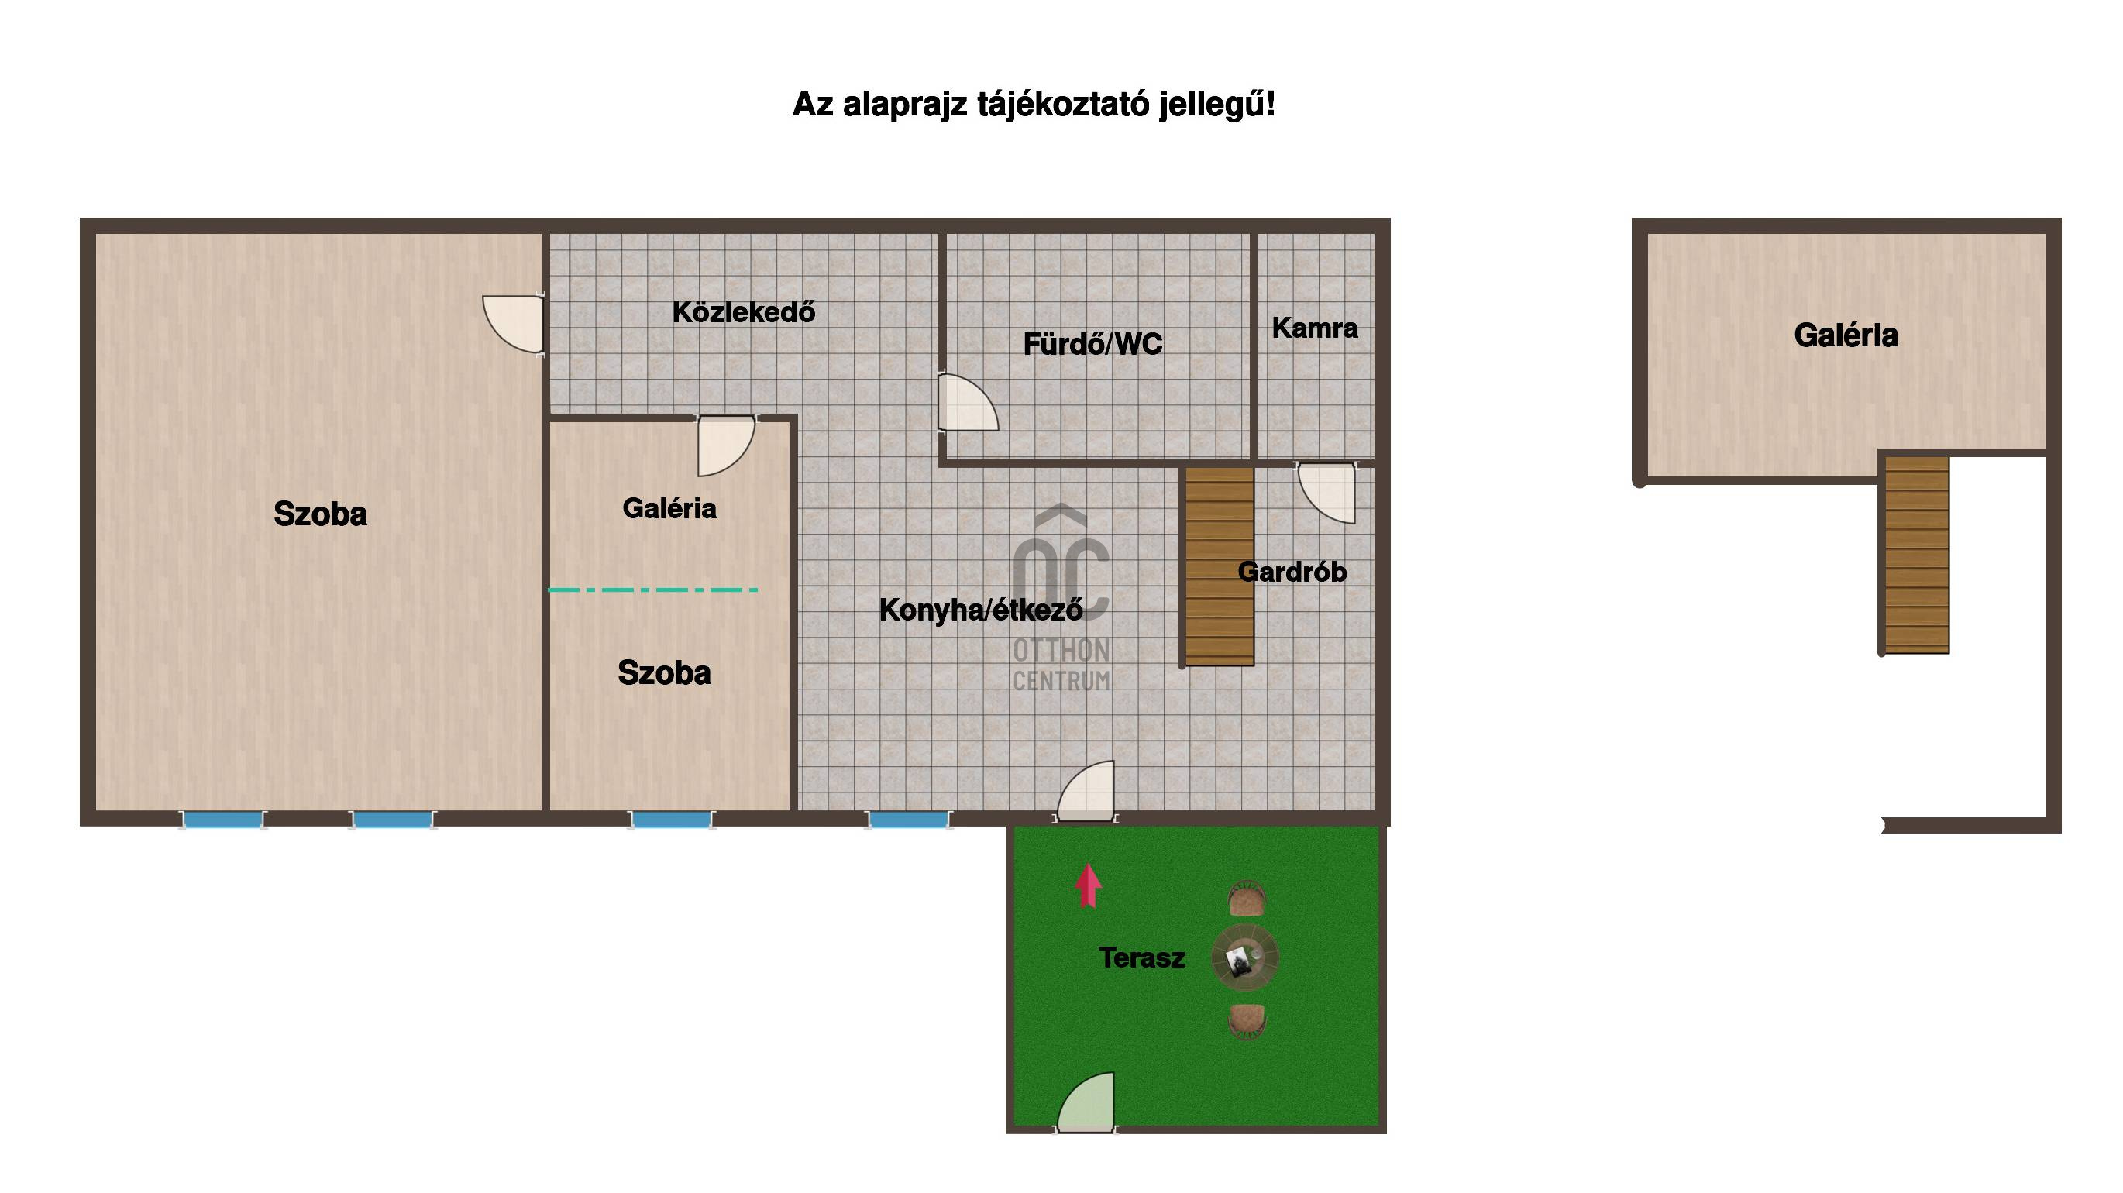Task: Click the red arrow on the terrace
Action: (1088, 885)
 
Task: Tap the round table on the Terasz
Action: (1244, 957)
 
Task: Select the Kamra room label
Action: (1315, 328)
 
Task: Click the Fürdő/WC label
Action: (1092, 343)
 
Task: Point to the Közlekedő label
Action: (743, 311)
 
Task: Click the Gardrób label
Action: (1292, 571)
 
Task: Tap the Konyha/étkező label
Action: (981, 610)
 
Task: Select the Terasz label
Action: (1141, 957)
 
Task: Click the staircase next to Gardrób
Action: (1220, 567)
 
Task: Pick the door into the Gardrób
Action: (1326, 493)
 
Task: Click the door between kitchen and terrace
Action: (1086, 791)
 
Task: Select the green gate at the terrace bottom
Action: (1086, 1102)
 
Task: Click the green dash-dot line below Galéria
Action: (652, 590)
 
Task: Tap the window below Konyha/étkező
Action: (908, 820)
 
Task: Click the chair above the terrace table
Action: (1246, 898)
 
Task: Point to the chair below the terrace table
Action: (1246, 1022)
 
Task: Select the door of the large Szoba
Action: (513, 325)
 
